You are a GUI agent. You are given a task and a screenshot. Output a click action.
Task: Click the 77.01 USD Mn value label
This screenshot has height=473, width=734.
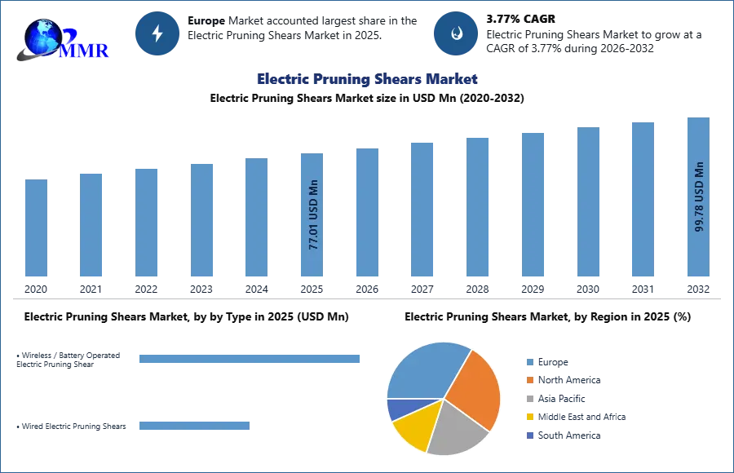coord(313,219)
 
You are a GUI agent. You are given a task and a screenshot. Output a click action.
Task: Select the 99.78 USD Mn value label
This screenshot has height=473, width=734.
coord(699,197)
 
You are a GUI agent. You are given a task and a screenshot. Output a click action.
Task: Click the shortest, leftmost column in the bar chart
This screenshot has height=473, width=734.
coord(35,228)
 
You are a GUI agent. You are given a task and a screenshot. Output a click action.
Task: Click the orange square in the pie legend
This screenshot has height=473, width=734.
coord(528,380)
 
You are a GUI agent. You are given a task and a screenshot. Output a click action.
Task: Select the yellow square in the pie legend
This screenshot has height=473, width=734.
coord(528,418)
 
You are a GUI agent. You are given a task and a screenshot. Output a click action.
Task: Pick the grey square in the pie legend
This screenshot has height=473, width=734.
coord(528,399)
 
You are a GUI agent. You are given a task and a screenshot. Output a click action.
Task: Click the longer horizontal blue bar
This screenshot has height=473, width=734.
coord(250,359)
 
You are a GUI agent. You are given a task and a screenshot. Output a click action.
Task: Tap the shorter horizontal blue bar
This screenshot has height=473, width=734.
coord(195,424)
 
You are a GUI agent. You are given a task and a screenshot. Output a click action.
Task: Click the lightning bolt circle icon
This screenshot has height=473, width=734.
coord(157,33)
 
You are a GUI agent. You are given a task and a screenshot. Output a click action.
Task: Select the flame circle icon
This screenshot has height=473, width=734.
coord(456,33)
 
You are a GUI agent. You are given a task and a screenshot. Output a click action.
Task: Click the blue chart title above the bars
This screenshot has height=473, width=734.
coord(367,79)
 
